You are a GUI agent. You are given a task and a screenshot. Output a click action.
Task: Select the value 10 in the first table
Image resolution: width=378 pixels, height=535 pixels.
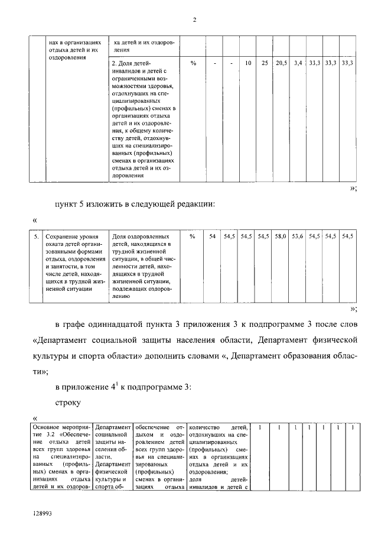(x=249, y=62)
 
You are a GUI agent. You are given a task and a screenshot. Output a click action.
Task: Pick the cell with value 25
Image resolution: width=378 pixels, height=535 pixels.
(x=265, y=62)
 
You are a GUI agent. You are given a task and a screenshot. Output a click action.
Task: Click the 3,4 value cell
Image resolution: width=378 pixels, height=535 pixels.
(x=298, y=62)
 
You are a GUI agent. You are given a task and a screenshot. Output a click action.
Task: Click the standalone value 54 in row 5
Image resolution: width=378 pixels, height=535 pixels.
(x=213, y=236)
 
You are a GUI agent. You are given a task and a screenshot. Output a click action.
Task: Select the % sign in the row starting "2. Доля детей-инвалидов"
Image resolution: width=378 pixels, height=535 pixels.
(x=193, y=62)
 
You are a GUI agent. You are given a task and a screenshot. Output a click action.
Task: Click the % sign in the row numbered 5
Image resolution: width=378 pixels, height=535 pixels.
(x=193, y=236)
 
